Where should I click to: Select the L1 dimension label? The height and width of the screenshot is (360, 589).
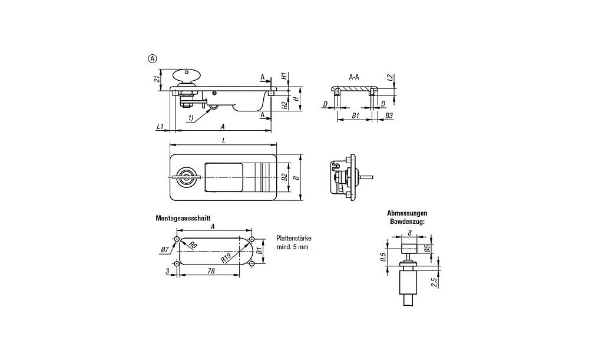(x=160, y=127)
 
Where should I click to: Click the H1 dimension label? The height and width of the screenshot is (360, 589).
(x=284, y=77)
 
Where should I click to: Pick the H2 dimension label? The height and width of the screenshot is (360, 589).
(x=284, y=105)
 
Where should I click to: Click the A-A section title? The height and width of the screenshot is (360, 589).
(x=354, y=77)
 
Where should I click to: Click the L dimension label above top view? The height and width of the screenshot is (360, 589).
(x=223, y=140)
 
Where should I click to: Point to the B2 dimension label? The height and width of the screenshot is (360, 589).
(x=284, y=176)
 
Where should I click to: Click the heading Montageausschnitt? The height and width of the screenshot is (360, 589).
(x=183, y=218)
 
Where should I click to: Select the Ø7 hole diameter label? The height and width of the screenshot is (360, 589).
(x=164, y=250)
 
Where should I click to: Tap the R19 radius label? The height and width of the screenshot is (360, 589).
(x=226, y=257)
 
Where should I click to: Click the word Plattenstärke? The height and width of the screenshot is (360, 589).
(x=293, y=239)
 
